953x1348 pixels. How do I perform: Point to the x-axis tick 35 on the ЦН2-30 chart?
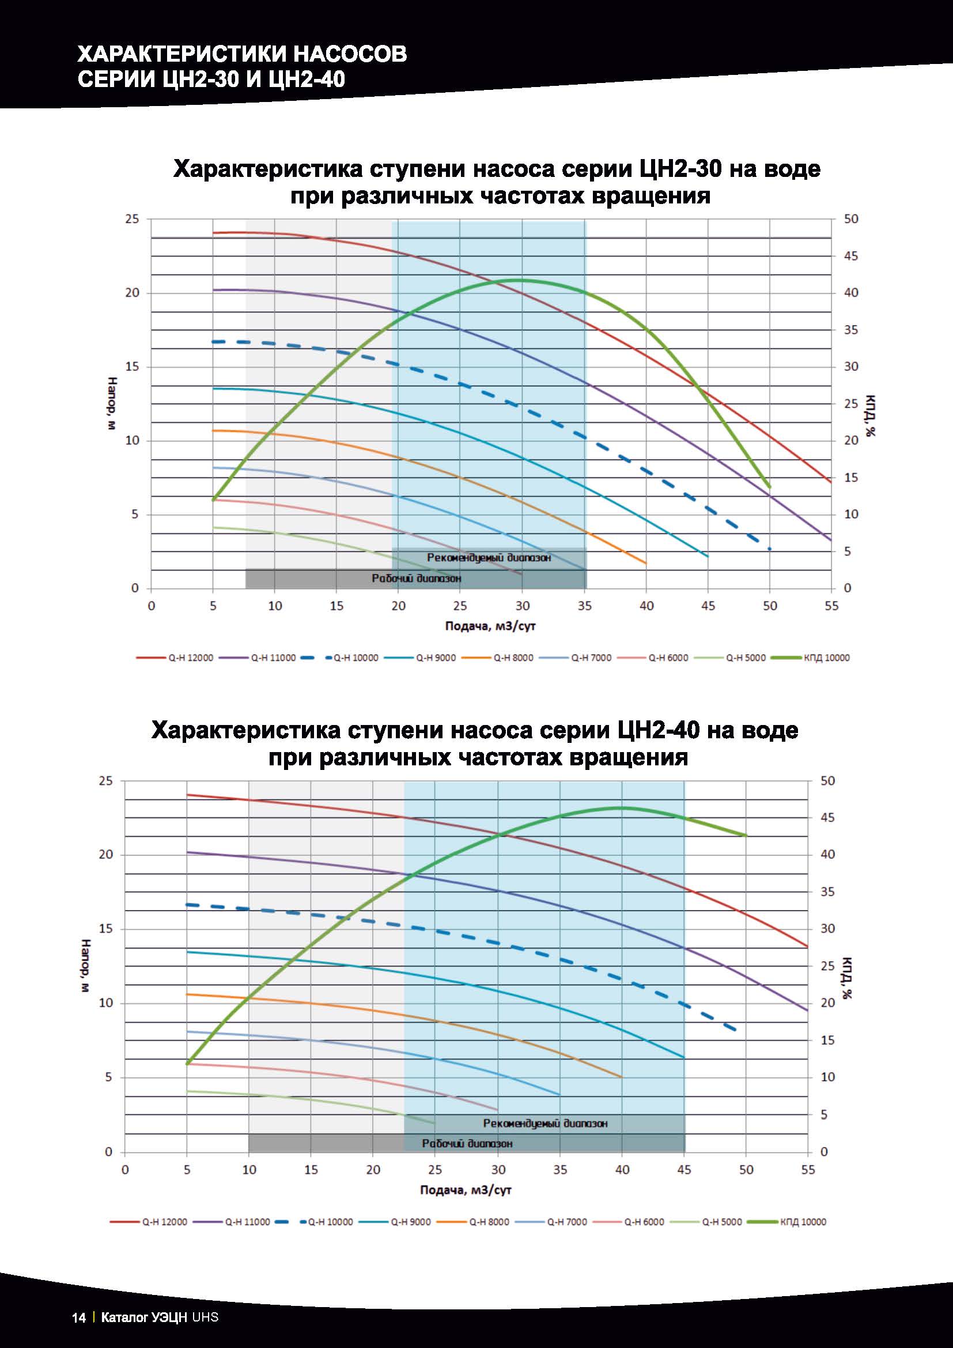coord(584,605)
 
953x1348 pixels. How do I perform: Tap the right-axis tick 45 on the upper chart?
coord(851,256)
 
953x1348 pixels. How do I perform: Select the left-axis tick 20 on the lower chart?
coord(105,855)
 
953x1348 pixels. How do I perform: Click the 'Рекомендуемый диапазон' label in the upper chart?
coord(489,557)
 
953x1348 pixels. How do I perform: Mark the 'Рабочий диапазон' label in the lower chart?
coord(467,1143)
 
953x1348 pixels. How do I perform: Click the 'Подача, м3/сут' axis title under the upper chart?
coord(490,626)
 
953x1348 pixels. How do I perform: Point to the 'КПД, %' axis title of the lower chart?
coord(848,977)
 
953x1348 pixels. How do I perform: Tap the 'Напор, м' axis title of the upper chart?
coord(114,403)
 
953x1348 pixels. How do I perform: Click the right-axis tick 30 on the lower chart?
coord(827,929)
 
